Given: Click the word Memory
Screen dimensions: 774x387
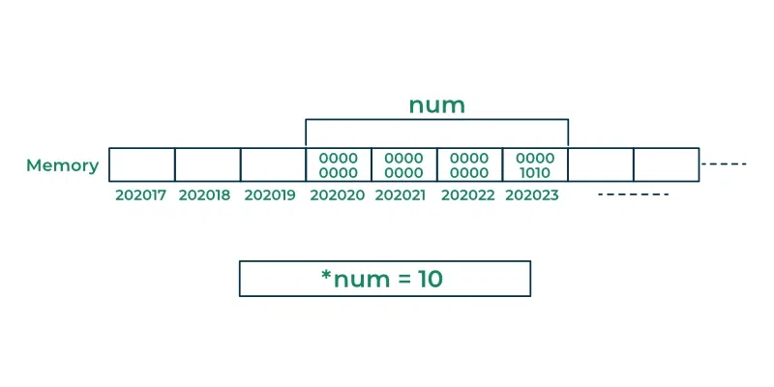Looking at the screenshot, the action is click(62, 165).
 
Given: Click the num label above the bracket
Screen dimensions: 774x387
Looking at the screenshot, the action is click(437, 105).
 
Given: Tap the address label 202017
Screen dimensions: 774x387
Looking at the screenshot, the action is click(140, 195).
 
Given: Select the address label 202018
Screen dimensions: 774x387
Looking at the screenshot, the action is click(204, 195).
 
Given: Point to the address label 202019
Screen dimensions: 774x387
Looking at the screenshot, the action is click(270, 195).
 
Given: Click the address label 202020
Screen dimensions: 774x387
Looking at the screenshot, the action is click(338, 195).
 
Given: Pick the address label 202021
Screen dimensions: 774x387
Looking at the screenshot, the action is click(401, 195).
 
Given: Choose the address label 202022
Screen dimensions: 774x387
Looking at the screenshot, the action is click(468, 195).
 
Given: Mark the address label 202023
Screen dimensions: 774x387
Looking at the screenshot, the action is click(532, 195).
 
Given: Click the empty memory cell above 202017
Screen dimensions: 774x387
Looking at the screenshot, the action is click(141, 164).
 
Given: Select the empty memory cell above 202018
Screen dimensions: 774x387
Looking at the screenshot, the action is click(208, 164).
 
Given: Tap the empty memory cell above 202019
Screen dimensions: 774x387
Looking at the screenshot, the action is click(273, 164).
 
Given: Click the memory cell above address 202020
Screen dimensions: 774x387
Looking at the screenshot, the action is click(338, 164).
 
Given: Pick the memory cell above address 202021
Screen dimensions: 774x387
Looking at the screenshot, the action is click(403, 164).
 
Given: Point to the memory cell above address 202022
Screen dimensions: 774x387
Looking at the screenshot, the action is click(469, 164).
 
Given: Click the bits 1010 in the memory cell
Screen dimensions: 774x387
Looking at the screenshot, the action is click(536, 173).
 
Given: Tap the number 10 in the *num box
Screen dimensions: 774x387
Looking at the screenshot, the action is click(431, 279).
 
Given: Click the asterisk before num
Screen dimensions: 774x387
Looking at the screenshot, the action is click(326, 274).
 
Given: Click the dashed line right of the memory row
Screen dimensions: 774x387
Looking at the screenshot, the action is click(724, 164).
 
